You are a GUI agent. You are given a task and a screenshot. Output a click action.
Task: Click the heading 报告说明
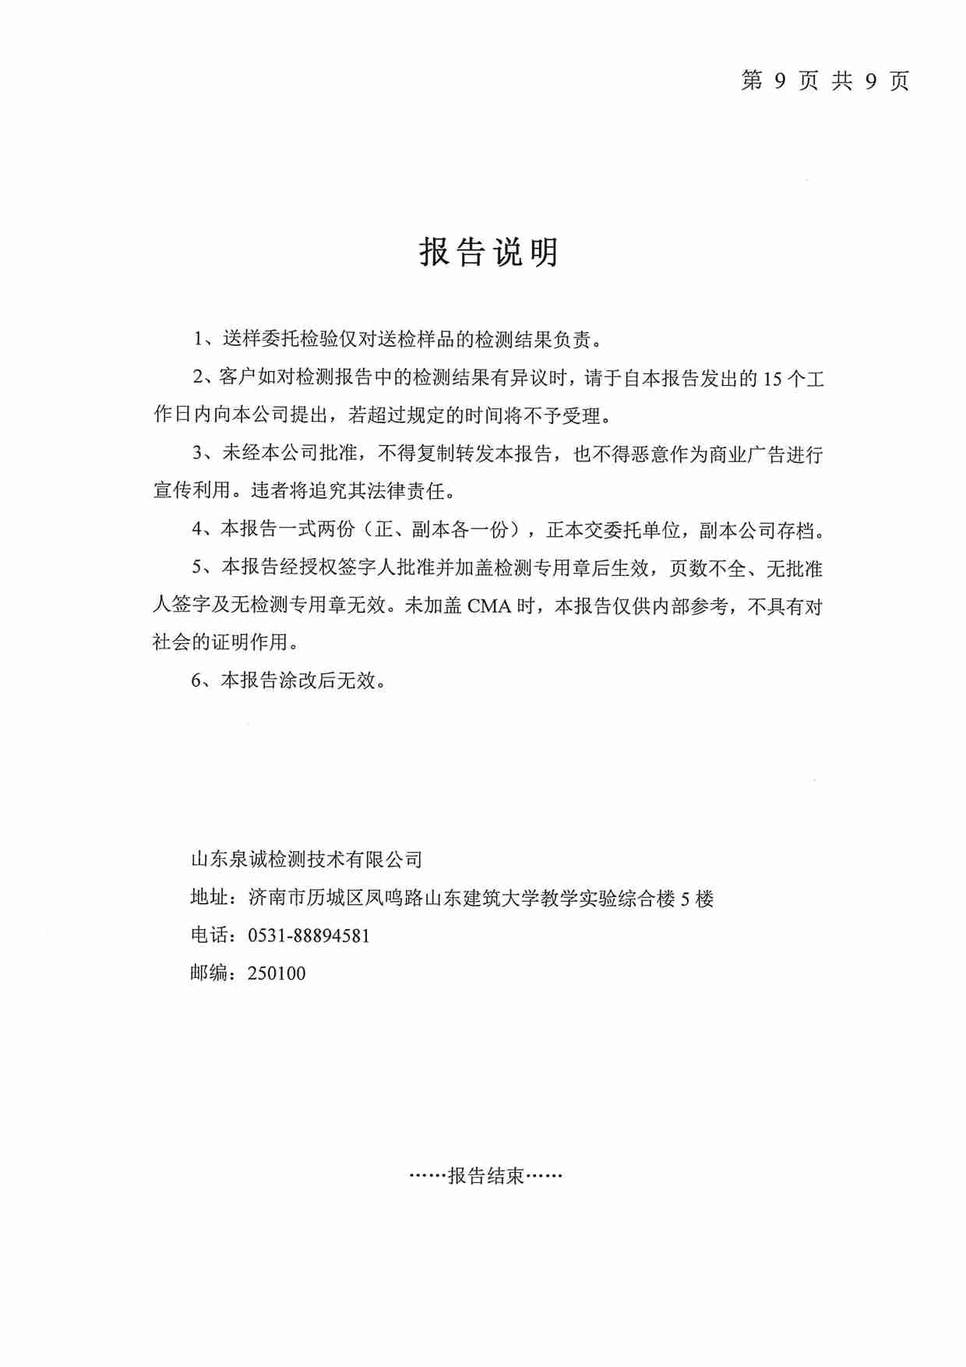(488, 252)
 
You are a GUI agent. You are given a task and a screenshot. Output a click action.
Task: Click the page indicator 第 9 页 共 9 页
(825, 80)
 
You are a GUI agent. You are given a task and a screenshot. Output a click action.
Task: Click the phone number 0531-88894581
(308, 935)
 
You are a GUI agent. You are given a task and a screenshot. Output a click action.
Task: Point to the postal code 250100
(277, 973)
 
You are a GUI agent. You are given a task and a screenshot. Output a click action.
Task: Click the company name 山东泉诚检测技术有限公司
(306, 860)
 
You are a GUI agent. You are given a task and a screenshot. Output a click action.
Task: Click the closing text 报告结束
(486, 1176)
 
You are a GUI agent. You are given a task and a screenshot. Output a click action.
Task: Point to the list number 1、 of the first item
(206, 340)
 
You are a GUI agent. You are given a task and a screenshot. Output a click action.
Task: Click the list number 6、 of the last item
(205, 680)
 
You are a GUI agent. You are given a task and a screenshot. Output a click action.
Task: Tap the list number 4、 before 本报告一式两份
(205, 530)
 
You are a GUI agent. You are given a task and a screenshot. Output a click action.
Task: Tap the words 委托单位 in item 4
(641, 530)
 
